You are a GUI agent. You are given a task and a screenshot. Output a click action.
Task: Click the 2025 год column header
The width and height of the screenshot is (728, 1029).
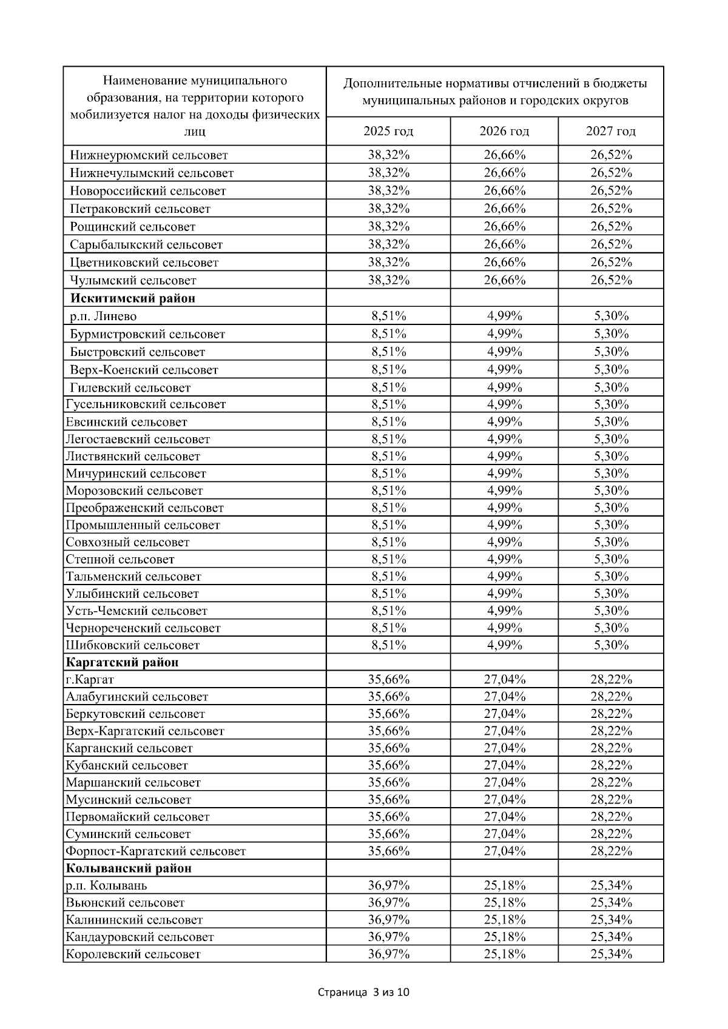(388, 131)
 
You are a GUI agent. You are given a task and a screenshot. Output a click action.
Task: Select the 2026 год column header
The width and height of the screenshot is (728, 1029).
(504, 131)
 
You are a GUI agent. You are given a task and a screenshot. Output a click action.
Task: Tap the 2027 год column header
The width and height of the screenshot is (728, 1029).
(611, 131)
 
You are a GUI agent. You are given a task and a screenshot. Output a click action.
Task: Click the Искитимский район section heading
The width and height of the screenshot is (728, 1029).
(133, 298)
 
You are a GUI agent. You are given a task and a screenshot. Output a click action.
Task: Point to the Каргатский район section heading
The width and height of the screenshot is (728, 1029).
(122, 662)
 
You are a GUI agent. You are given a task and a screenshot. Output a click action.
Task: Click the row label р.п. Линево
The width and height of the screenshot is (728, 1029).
(103, 316)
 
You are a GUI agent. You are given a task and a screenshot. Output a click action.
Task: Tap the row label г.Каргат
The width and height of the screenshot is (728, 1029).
(90, 679)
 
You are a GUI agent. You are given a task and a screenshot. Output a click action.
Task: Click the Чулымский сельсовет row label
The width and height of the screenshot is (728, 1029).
(133, 280)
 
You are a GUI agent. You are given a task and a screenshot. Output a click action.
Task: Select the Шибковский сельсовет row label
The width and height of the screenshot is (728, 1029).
(132, 645)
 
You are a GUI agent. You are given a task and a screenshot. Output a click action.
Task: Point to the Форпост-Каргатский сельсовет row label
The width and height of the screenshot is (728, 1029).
(155, 851)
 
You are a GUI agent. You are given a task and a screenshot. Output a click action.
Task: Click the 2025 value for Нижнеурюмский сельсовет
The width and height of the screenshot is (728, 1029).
(388, 155)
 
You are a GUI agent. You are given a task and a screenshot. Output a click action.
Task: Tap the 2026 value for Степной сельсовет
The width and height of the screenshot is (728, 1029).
(504, 559)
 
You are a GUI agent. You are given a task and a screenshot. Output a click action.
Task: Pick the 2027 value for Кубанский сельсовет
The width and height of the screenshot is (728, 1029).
(611, 765)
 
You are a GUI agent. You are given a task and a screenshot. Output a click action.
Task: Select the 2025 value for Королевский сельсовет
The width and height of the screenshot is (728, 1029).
(388, 954)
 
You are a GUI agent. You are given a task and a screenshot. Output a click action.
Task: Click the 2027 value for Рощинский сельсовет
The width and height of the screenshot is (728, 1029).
(611, 226)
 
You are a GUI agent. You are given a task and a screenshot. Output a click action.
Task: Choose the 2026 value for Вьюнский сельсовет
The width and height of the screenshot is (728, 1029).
(504, 902)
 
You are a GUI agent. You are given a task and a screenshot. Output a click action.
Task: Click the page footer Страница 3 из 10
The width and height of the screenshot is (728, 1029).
(364, 993)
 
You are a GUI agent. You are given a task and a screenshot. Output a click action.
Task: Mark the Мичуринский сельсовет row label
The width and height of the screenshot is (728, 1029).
(136, 474)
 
